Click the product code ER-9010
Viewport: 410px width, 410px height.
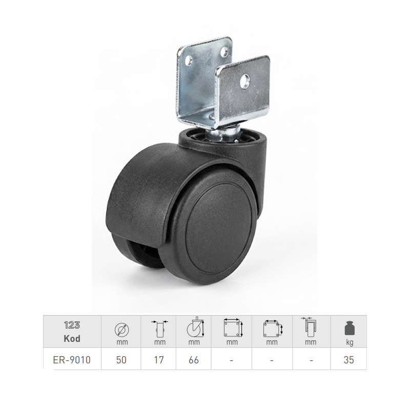pyautogui.click(x=72, y=360)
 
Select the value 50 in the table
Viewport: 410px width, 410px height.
pyautogui.click(x=121, y=360)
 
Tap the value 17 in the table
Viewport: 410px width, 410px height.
pyautogui.click(x=159, y=360)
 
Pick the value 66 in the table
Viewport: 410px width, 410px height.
pyautogui.click(x=194, y=360)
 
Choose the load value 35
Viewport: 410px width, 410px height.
pyautogui.click(x=349, y=360)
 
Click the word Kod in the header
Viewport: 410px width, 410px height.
pyautogui.click(x=72, y=339)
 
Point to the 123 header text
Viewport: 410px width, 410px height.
pyautogui.click(x=72, y=325)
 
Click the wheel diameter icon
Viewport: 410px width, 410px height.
pyautogui.click(x=122, y=330)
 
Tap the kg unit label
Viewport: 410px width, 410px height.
pyautogui.click(x=350, y=342)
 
